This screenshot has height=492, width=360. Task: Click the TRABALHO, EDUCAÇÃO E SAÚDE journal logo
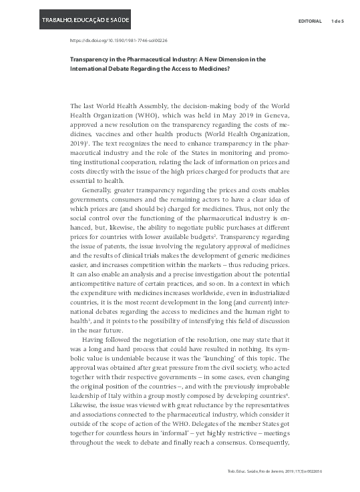click(x=85, y=20)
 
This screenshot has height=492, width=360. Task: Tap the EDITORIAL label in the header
click(x=310, y=21)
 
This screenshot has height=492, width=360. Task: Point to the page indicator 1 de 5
click(x=337, y=21)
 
